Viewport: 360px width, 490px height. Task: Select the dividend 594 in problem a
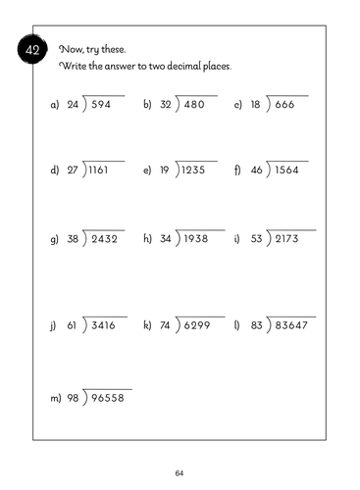[101, 103]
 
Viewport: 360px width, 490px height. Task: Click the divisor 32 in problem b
[164, 103]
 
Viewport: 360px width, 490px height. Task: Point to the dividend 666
[286, 103]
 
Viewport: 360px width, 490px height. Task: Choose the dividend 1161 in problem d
[100, 170]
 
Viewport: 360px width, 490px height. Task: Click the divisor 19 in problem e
[164, 170]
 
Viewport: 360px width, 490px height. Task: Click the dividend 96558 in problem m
[110, 398]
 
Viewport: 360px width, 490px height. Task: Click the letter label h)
[147, 238]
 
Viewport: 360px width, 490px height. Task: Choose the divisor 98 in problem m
[72, 398]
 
